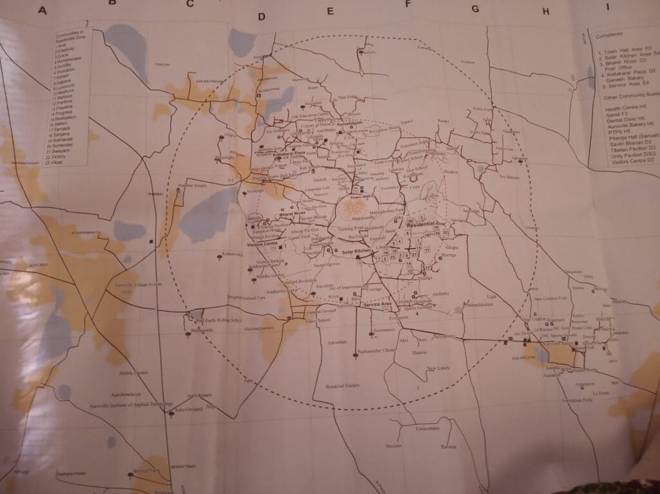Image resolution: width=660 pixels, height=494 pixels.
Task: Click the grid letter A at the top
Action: point(43,10)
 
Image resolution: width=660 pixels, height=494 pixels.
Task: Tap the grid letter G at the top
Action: point(476,9)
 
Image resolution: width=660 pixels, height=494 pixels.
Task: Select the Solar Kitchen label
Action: point(356,251)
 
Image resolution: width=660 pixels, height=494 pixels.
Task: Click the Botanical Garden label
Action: point(342,385)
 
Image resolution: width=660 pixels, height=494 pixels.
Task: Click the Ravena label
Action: point(449,446)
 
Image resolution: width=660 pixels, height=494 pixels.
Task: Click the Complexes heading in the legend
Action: point(608,36)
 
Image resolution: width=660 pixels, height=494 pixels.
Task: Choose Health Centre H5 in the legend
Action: point(620,108)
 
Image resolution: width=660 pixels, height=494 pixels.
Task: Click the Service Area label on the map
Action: point(377,303)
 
